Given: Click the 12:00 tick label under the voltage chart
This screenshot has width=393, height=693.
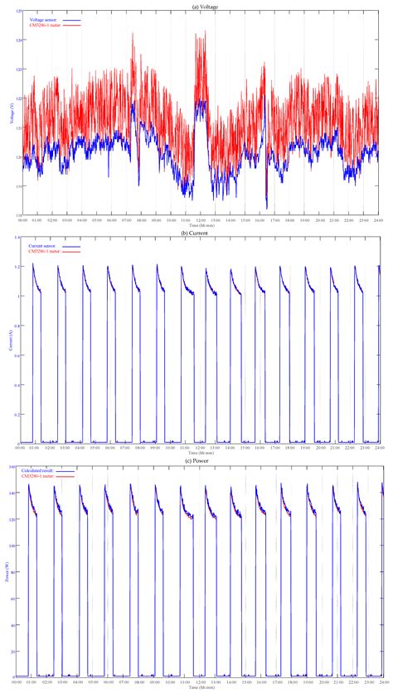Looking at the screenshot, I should (x=201, y=220).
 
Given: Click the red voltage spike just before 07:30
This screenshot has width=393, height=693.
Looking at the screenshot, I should (x=133, y=35).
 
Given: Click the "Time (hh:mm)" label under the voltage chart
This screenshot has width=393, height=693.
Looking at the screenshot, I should (x=199, y=225).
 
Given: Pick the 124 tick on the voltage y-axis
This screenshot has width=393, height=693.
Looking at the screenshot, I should (x=17, y=41).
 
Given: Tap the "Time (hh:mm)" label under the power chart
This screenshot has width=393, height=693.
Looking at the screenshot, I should (x=199, y=688).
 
